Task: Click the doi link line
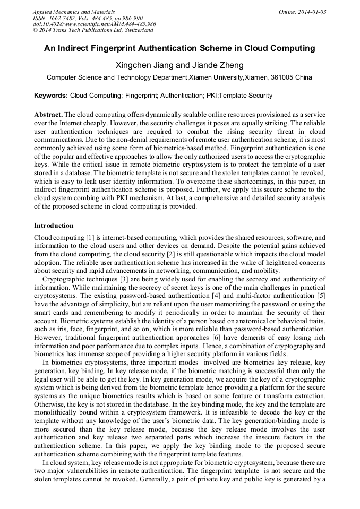[94, 24]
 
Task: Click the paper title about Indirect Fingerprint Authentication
[179, 48]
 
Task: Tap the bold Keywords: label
[51, 96]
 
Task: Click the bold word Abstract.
[48, 115]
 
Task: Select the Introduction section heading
[54, 226]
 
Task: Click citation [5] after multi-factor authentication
[320, 296]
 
